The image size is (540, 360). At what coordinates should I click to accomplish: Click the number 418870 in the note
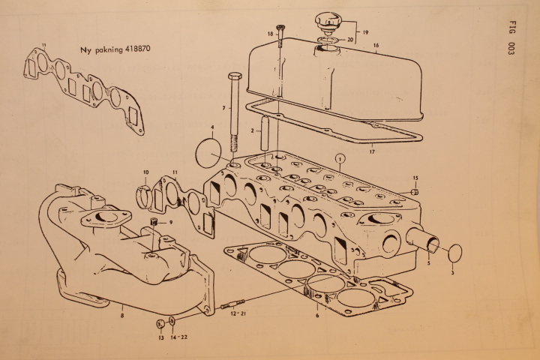(137, 49)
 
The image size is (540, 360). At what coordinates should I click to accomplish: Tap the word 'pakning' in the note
(109, 49)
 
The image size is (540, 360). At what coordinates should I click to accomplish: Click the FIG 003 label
(511, 38)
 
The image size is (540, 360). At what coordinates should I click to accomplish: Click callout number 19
(365, 33)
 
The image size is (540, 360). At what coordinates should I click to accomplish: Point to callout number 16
(376, 45)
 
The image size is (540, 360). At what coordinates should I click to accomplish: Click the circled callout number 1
(340, 158)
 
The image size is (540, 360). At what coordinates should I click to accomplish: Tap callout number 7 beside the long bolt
(223, 108)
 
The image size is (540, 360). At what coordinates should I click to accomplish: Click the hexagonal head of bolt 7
(235, 76)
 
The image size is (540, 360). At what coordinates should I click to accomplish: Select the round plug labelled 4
(208, 153)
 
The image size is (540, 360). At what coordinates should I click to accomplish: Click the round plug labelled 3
(455, 254)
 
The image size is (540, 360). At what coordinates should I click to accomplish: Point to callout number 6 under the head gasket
(317, 315)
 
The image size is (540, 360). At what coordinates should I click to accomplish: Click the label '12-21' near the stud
(236, 313)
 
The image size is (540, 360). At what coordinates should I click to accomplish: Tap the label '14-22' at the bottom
(179, 337)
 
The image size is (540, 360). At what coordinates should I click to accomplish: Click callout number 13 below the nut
(161, 338)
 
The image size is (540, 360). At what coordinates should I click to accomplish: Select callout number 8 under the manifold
(122, 315)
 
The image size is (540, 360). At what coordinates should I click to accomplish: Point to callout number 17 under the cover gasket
(372, 151)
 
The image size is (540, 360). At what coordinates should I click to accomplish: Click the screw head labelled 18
(281, 28)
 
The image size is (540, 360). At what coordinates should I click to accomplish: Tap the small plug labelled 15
(415, 191)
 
